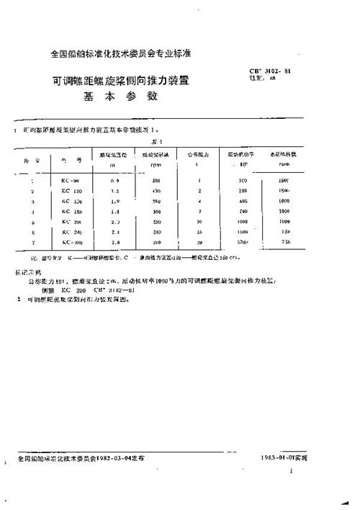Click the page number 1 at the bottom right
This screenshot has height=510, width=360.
click(290, 470)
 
